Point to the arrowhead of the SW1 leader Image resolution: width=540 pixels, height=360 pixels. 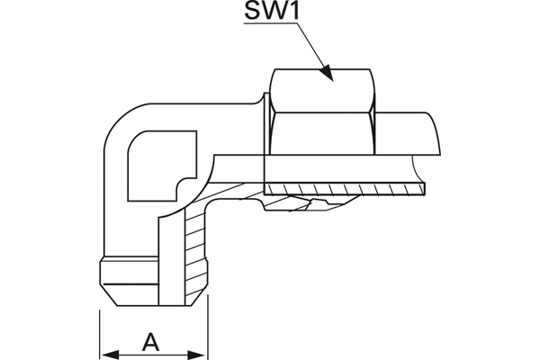328,76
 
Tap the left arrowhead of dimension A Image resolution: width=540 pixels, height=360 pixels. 105,351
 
